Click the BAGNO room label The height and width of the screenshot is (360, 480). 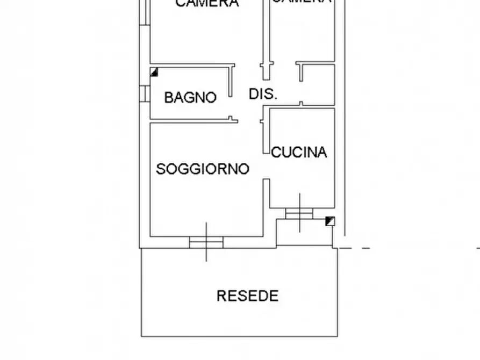coord(190,98)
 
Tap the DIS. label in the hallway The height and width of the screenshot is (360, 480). coord(263,95)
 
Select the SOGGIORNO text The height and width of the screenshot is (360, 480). coord(203,169)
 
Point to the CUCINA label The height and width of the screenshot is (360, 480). coord(299,153)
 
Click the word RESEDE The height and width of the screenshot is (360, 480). coord(248,296)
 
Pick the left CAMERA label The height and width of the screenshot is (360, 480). coord(207,4)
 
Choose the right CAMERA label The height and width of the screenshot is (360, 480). coord(301,2)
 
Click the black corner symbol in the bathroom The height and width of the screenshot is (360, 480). coord(154,72)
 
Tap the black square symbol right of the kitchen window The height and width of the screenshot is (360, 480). coord(331,220)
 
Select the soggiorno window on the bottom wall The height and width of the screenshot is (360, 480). coord(206,242)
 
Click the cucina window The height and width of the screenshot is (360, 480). coord(299,213)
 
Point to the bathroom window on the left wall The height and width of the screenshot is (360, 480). coord(145,93)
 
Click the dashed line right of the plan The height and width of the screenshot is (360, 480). coord(409,248)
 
